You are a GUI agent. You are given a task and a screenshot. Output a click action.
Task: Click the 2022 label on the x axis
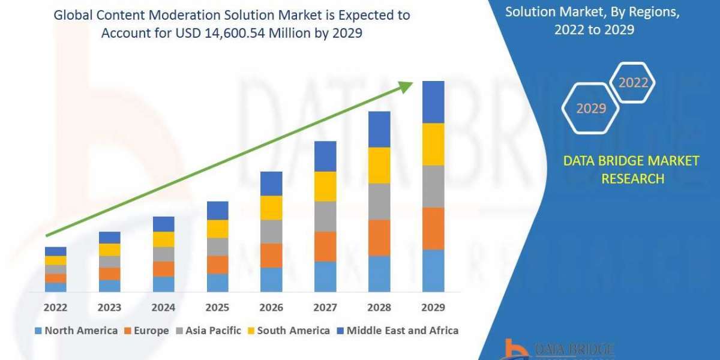[x=55, y=308]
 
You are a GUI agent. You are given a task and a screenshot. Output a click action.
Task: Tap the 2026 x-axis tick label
[x=271, y=308]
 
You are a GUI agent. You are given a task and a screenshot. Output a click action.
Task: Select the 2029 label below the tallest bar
[x=433, y=308]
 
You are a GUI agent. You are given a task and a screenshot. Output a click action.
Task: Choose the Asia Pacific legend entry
[x=208, y=331]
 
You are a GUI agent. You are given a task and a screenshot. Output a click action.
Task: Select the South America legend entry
[x=288, y=331]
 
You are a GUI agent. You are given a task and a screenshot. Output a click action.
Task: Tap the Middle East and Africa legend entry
[x=397, y=331]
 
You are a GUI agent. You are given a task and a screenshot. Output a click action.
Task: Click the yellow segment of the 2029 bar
[x=433, y=144]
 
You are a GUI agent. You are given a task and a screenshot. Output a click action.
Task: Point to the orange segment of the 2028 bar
[x=379, y=238]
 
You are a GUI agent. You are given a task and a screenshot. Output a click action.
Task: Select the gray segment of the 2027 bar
[x=325, y=216]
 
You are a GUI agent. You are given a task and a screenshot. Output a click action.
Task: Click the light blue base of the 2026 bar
[x=271, y=280]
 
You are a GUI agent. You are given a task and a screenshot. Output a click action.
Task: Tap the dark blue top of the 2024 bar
[x=163, y=224]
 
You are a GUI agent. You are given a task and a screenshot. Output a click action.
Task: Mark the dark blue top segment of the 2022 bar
[x=55, y=251]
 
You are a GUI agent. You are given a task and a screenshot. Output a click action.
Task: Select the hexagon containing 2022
[x=632, y=83]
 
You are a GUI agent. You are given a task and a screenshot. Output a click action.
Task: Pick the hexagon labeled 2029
[x=590, y=109]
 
